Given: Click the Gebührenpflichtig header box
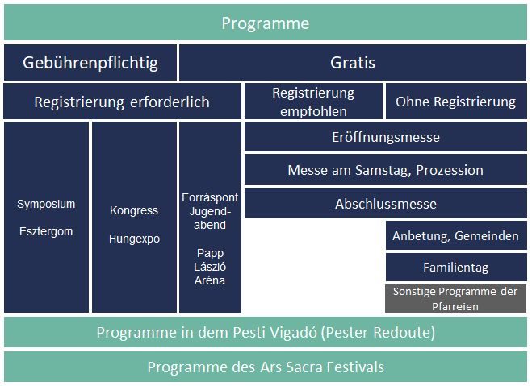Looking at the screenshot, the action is [90, 63].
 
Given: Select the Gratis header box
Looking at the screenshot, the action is [353, 63].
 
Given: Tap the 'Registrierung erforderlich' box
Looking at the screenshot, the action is [122, 102].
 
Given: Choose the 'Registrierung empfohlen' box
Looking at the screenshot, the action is [313, 102].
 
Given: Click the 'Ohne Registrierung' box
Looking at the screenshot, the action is [456, 102].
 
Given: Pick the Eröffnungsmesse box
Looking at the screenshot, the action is [386, 137].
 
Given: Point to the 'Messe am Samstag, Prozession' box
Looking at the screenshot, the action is [386, 170].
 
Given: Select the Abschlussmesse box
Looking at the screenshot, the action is [386, 204].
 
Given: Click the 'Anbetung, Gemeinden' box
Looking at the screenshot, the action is [456, 235].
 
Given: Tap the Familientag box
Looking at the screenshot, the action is [456, 268].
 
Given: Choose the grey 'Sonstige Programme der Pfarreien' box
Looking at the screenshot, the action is [455, 299].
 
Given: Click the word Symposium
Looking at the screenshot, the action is [46, 204].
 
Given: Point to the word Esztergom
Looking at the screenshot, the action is [46, 231].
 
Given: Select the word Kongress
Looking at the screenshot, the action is [134, 210].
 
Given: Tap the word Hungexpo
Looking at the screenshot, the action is [134, 239].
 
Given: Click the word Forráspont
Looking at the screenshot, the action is [210, 197].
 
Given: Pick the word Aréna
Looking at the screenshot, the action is [210, 280].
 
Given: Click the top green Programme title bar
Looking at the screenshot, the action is [266, 23].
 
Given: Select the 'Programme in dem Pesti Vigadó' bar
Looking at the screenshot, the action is [266, 332].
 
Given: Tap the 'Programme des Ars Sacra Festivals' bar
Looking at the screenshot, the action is [266, 367].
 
